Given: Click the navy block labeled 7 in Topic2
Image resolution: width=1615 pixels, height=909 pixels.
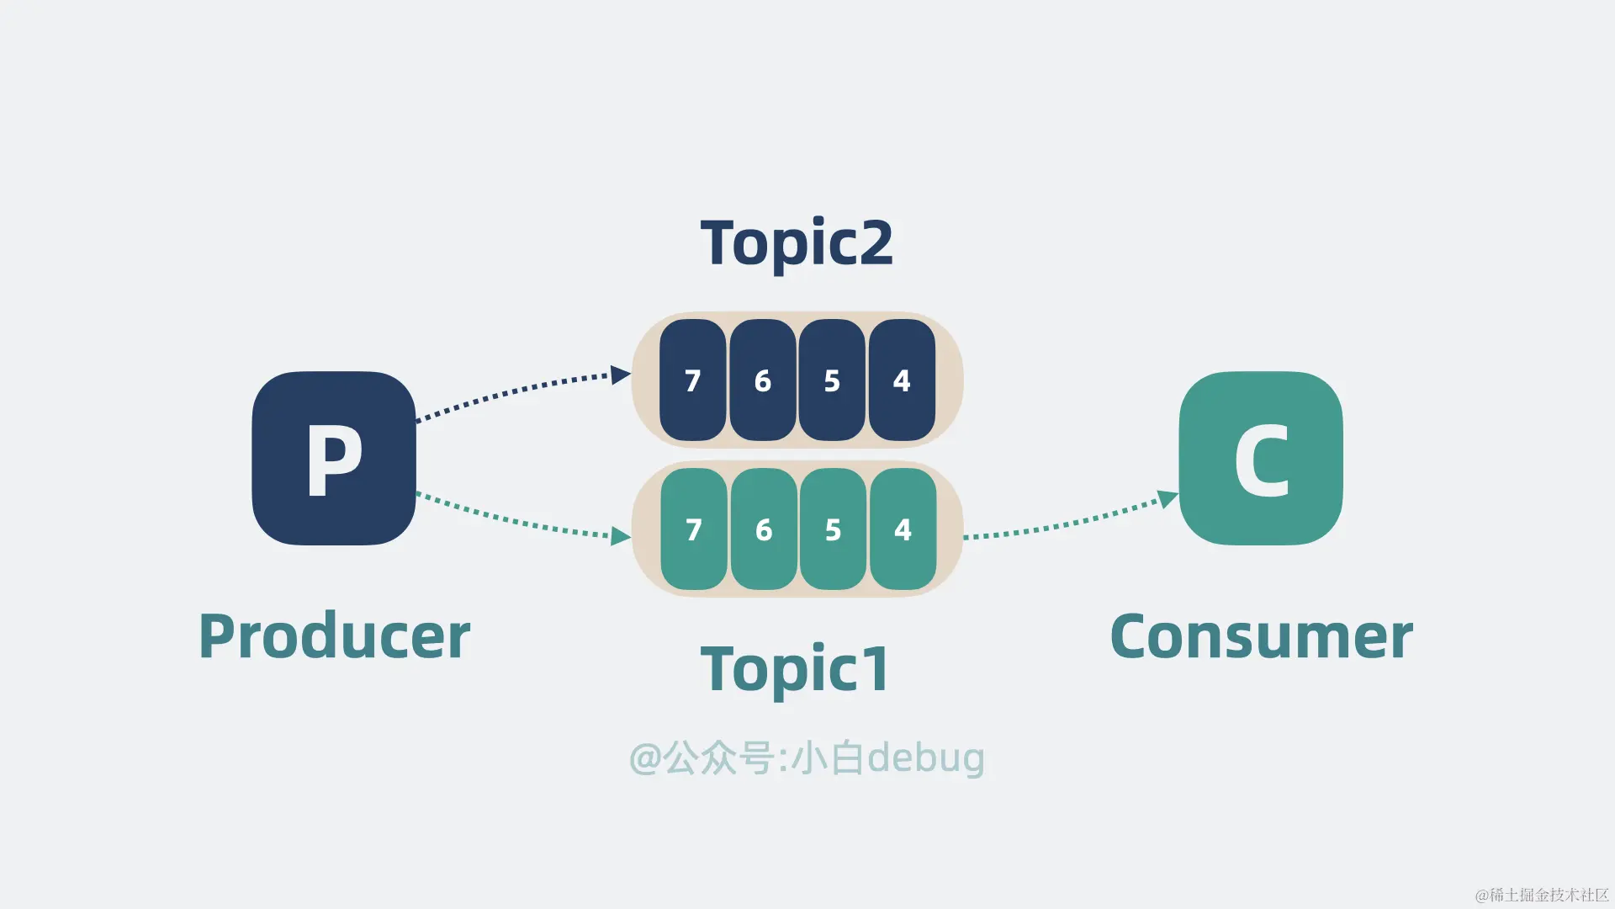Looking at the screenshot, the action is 692,380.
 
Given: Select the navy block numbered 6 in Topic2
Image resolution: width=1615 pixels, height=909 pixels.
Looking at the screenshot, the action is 762,380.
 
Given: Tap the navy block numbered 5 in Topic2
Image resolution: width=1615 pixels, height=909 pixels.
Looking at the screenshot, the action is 832,380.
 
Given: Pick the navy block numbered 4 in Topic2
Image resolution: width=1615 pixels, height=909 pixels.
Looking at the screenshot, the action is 902,380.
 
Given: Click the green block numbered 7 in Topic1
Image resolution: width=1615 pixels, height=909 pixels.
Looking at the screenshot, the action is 694,529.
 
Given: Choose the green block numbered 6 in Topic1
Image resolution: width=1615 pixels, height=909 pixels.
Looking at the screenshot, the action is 764,529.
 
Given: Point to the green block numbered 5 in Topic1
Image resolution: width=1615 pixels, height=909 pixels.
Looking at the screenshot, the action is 833,529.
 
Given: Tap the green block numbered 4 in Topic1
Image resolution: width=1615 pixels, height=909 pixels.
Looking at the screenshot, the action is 903,529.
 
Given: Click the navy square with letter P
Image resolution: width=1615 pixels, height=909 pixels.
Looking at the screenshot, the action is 334,458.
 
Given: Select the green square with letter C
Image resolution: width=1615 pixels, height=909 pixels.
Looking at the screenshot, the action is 1261,458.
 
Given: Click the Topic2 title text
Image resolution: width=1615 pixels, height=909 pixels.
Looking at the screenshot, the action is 797,243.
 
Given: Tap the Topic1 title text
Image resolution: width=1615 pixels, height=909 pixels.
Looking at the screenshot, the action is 795,669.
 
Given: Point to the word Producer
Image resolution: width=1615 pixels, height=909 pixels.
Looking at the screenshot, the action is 334,636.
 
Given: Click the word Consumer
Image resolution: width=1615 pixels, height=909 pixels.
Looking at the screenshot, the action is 1261,636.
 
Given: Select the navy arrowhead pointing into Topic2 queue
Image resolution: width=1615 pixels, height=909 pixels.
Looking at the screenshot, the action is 621,375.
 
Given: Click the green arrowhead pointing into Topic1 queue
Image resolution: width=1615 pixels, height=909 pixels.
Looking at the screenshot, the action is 621,536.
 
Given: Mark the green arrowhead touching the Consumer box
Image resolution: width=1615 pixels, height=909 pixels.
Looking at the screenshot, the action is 1168,498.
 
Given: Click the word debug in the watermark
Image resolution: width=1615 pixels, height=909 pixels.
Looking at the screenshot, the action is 925,758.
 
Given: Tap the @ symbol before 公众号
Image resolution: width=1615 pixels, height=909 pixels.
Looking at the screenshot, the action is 645,758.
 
